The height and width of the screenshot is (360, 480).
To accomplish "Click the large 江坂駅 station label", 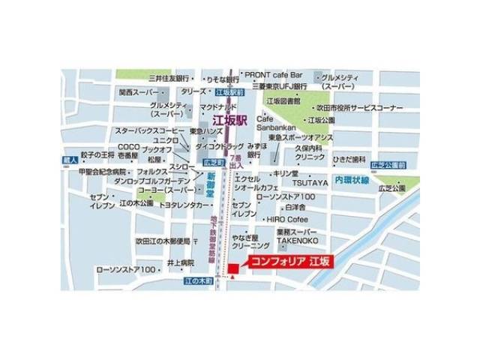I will (235, 119).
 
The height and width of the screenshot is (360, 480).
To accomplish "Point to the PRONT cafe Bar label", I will (273, 76).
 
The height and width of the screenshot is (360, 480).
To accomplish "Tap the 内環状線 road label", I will (352, 180).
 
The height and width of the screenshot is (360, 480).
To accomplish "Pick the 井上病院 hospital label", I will (181, 262).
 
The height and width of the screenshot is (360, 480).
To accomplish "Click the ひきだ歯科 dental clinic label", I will (349, 160).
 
